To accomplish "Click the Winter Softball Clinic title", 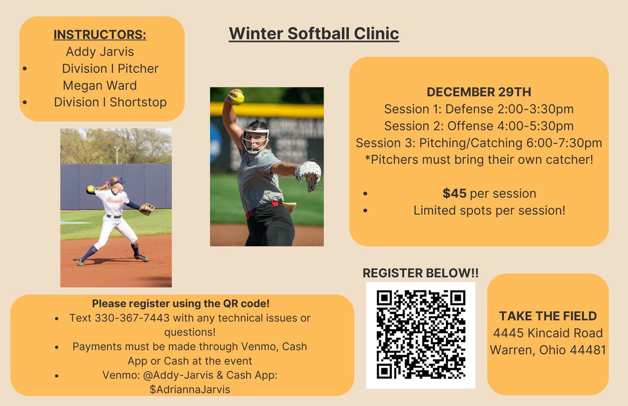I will point(313,33).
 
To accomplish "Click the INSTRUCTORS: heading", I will point(99,35).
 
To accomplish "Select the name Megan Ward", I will point(99,85).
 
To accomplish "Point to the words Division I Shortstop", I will point(110,102).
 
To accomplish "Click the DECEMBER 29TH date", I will point(478,92).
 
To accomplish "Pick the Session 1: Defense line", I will point(478,109).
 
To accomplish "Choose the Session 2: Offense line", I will point(478,126).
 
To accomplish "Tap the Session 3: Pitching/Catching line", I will point(478,142).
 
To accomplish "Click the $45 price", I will point(454,193).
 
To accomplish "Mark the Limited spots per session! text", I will point(489,210).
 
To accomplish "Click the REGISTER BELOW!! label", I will point(420,273).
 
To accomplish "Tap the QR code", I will point(420,335).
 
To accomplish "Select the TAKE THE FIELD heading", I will point(547,316).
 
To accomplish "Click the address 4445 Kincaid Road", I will point(547,333).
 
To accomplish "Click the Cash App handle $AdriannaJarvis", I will point(182,389).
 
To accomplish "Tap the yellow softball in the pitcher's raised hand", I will point(238,98).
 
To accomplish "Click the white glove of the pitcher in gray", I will point(309,173).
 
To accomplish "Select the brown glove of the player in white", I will point(147,209).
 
